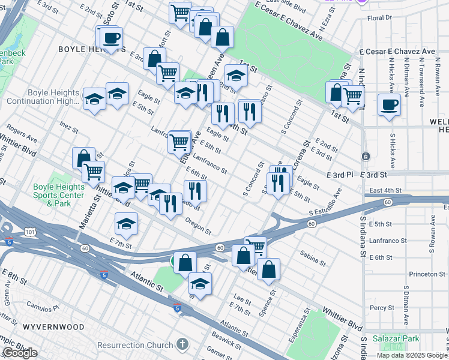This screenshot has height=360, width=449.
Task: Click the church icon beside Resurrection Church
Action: (x=182, y=345)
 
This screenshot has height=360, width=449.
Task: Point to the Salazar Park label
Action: (x=394, y=339)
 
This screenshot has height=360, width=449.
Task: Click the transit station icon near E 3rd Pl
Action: (x=365, y=157)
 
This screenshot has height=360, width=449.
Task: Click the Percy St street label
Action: (x=382, y=307)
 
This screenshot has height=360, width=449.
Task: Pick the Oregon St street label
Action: (x=199, y=228)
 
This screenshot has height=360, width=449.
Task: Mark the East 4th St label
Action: (x=385, y=190)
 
